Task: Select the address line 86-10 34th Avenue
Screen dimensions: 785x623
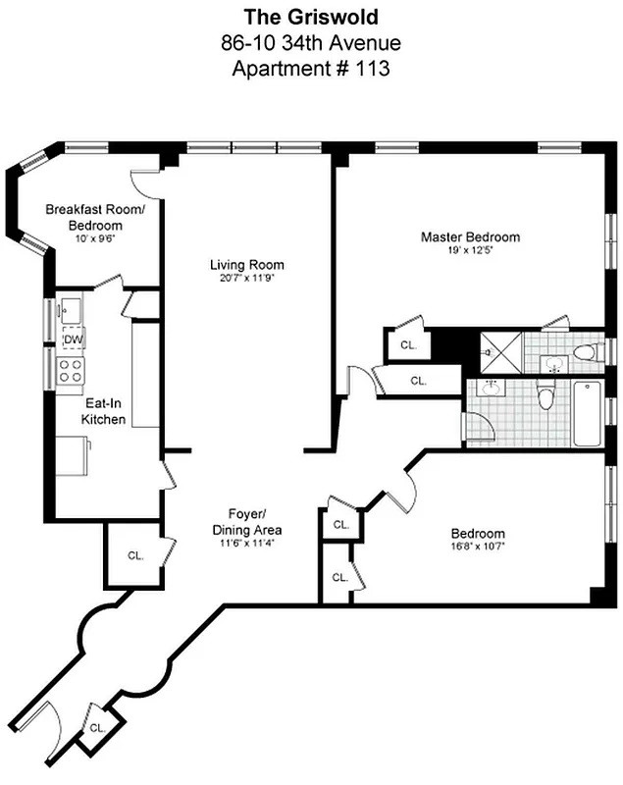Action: [x=310, y=42]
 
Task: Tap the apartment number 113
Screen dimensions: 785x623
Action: [x=310, y=69]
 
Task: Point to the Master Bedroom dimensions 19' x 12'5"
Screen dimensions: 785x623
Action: [x=470, y=251]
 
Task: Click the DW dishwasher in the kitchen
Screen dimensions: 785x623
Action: [x=72, y=340]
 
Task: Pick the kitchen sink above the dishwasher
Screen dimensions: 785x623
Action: [x=70, y=312]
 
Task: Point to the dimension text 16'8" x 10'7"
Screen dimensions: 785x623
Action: [x=480, y=549]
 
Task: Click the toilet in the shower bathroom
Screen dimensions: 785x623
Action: [x=585, y=351]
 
